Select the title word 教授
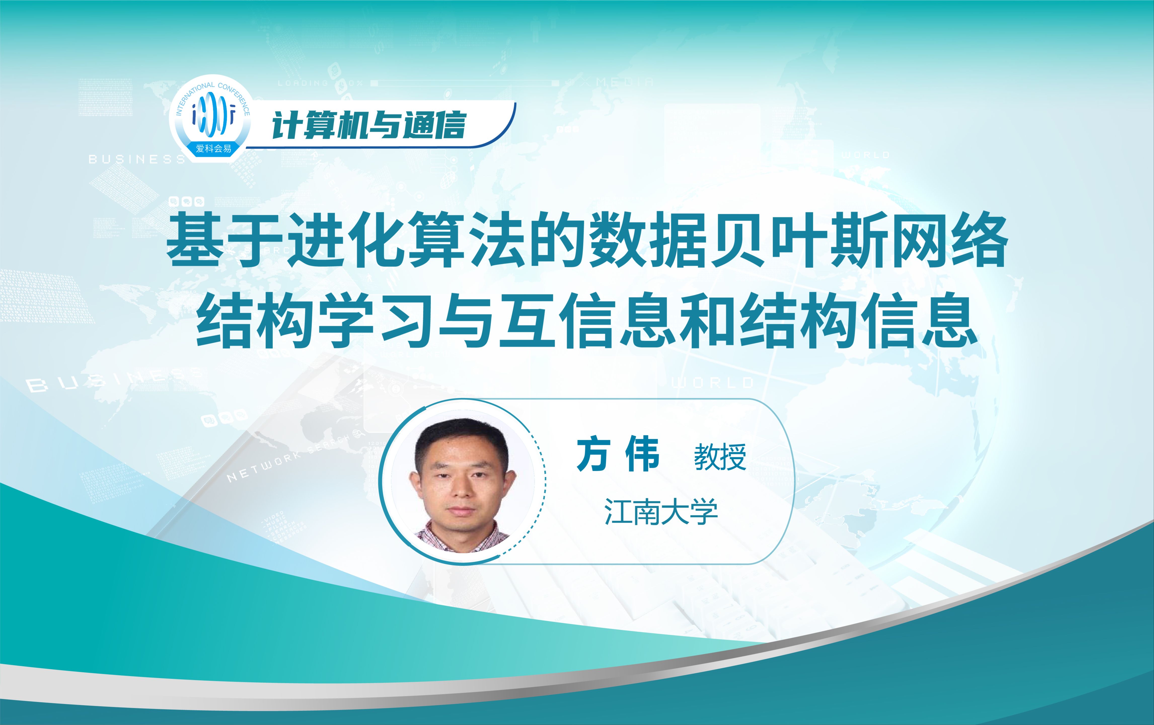[720, 457]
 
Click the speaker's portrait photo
[462, 482]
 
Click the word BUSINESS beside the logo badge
[137, 159]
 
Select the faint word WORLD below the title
[713, 383]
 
